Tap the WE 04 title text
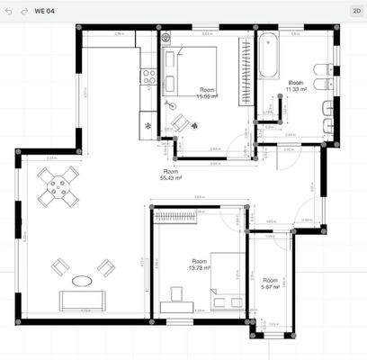(x=44, y=12)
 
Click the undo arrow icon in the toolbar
(x=11, y=12)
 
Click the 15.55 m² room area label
(x=208, y=93)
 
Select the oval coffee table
(x=82, y=280)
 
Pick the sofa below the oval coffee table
(x=82, y=301)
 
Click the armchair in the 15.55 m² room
(x=179, y=121)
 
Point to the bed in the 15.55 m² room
(x=195, y=67)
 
